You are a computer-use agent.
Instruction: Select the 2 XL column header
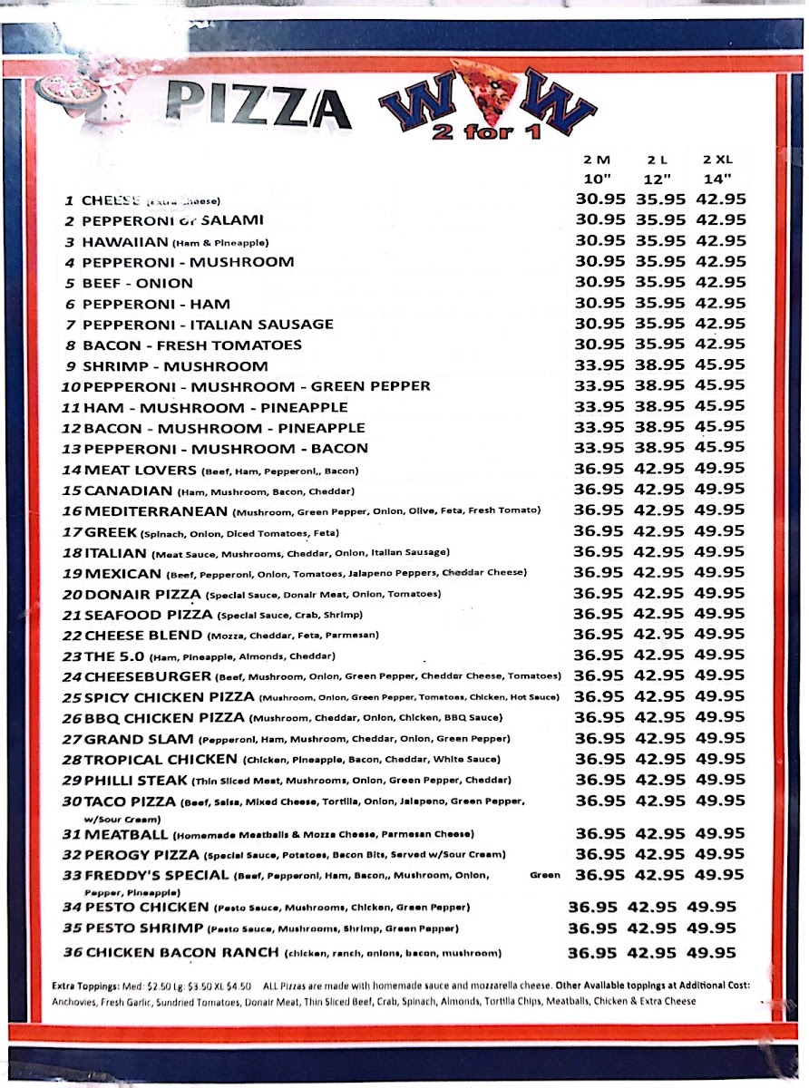point(718,159)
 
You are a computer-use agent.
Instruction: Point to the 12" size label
point(659,179)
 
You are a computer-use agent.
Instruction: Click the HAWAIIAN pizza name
point(125,242)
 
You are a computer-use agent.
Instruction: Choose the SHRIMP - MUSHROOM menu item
point(175,366)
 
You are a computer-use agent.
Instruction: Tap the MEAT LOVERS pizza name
point(140,470)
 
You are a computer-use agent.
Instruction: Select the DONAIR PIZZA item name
point(142,594)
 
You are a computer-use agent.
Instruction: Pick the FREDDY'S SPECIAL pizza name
point(156,875)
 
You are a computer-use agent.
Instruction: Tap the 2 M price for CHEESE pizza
point(600,199)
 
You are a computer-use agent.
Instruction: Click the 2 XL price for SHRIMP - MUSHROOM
point(721,364)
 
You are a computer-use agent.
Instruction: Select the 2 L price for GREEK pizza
point(659,531)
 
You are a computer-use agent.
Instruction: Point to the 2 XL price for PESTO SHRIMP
point(712,928)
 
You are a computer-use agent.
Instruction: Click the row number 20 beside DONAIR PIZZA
point(72,595)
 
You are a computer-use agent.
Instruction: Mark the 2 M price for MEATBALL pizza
point(600,833)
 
